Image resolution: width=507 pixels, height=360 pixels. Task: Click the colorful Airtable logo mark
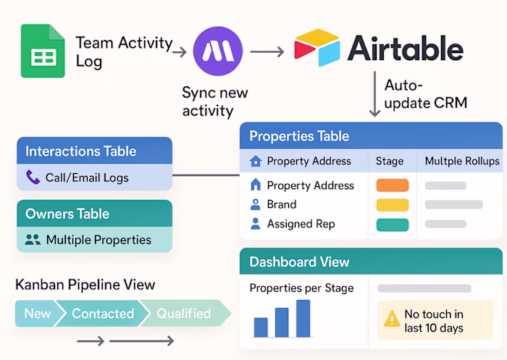point(317,48)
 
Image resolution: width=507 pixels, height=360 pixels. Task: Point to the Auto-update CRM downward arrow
point(374,95)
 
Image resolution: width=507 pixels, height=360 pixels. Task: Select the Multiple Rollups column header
point(461,161)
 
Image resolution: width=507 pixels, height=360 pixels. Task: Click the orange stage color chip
point(392,185)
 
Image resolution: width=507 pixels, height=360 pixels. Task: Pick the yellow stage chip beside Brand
point(392,205)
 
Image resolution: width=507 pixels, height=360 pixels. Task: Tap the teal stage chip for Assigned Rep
point(392,225)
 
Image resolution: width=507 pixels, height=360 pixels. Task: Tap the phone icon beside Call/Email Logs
point(33,177)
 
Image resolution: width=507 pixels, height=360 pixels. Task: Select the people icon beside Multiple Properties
point(33,240)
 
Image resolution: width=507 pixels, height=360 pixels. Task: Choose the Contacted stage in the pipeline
point(102,314)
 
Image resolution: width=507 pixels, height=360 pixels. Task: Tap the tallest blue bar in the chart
point(303,319)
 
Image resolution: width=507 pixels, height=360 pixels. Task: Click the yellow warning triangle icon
point(392,319)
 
